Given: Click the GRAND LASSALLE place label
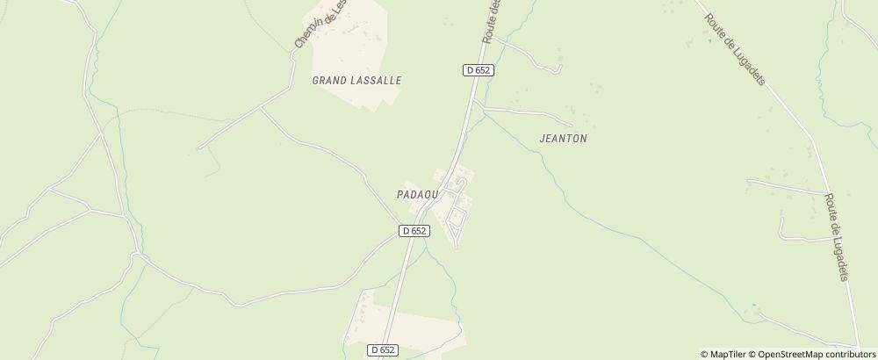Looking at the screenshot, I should point(356,80).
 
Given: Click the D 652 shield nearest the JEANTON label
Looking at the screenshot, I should point(478,69).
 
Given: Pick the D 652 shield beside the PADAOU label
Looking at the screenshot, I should point(414,230).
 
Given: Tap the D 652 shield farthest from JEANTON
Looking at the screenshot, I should point(383,349).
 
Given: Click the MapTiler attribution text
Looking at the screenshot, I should point(724,354).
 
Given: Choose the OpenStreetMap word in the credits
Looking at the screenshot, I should point(793,354).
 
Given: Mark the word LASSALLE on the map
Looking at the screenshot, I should point(375,80).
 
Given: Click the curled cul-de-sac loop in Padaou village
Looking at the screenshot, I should point(459,182).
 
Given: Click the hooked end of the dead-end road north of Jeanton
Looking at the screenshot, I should point(559,68).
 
